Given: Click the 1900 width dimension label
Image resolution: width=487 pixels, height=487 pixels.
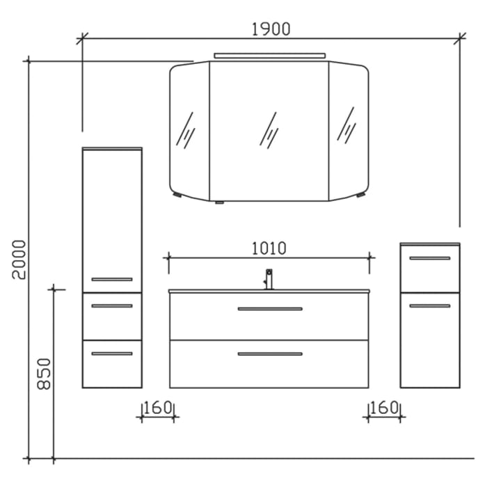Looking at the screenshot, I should [271, 29].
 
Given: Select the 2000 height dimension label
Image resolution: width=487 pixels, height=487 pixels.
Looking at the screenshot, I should [19, 260].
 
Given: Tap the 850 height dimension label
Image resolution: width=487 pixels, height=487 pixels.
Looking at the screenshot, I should [44, 374].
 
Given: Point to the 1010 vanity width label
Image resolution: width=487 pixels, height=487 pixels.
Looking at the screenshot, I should [269, 248].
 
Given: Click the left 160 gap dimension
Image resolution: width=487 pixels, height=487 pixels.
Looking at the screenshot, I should [158, 407].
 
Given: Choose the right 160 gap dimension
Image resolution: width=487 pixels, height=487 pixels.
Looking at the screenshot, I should [384, 407].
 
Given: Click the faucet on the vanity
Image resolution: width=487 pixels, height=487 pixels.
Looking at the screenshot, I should [269, 279].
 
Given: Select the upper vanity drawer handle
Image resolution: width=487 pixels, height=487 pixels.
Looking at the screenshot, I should [270, 308].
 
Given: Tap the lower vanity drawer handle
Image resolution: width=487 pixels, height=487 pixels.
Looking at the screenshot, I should [270, 354].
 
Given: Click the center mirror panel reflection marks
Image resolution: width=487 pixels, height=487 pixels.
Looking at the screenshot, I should [269, 129].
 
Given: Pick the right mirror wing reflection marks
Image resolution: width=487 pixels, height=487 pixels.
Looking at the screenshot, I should [346, 125].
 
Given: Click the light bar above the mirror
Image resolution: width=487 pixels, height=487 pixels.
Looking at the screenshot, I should [269, 55].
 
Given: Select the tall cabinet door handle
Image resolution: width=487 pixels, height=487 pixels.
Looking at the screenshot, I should [111, 279].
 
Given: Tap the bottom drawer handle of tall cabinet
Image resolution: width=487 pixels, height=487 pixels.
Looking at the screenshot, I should [111, 353].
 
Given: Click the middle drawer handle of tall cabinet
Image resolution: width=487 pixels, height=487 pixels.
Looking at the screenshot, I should [111, 305].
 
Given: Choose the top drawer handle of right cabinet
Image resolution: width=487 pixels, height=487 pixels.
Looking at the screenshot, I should [429, 258].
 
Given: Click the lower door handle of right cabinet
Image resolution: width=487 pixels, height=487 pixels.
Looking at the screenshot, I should [429, 305].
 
